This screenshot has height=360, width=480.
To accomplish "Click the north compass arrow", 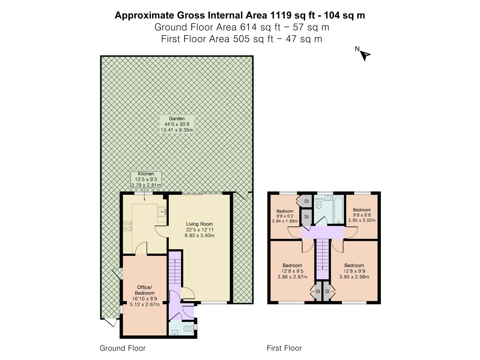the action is pyautogui.click(x=365, y=56).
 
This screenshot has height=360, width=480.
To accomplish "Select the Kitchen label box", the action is pyautogui.click(x=146, y=179).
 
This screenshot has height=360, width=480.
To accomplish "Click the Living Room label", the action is pyautogui.click(x=199, y=230).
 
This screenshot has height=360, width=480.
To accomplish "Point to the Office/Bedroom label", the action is pyautogui.click(x=145, y=296).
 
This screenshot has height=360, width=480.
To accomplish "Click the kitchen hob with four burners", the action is pyautogui.click(x=128, y=226).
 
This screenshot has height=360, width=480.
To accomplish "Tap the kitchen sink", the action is pyautogui.click(x=162, y=212).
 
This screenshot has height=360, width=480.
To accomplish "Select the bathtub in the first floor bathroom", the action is pyautogui.click(x=338, y=209).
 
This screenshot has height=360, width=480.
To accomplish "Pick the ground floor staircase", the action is pyautogui.click(x=175, y=271).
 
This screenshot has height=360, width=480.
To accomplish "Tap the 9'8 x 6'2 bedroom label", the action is pyautogui.click(x=285, y=216).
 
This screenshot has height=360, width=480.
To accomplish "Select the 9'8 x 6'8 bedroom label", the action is pyautogui.click(x=362, y=215).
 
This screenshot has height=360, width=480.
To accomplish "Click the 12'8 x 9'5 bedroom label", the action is pyautogui.click(x=292, y=271).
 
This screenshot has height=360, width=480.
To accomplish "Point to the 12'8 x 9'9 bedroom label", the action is pyautogui.click(x=354, y=271).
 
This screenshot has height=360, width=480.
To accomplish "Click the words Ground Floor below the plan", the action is pyautogui.click(x=123, y=348).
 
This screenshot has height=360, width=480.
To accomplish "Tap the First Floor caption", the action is pyautogui.click(x=284, y=348).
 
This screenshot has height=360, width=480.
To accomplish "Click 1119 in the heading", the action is pyautogui.click(x=281, y=15).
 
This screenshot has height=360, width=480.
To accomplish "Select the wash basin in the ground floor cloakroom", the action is pyautogui.click(x=175, y=332).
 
